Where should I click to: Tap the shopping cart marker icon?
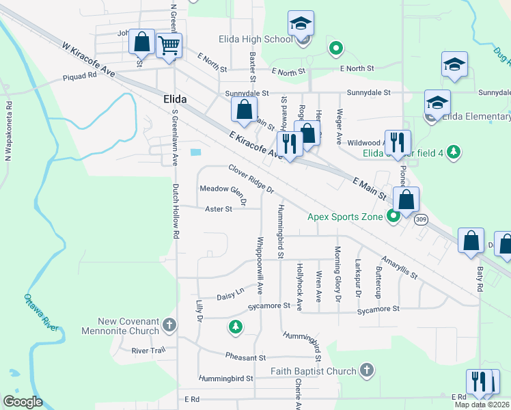[169, 46]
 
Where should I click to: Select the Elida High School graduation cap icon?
[301, 25]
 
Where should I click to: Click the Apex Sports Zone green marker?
[393, 217]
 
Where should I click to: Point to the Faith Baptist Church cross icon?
[367, 371]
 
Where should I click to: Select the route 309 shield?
[421, 219]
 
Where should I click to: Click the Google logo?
[23, 402]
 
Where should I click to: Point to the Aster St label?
[219, 209]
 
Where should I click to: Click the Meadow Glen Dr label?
[222, 193]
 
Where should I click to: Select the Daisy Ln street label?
[230, 294]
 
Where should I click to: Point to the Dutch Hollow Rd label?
[176, 210]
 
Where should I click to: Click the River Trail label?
[148, 351]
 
